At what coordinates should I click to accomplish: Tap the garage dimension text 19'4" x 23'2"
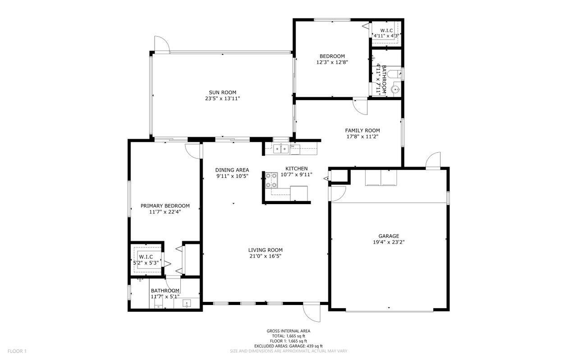(x=389, y=242)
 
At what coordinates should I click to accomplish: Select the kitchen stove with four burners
(x=271, y=180)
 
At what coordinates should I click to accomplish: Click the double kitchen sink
(x=280, y=148)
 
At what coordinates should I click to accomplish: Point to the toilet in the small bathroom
(x=393, y=73)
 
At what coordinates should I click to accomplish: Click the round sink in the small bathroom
(x=396, y=90)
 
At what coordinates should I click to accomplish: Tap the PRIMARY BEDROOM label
(x=165, y=205)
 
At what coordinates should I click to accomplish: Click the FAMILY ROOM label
(x=362, y=130)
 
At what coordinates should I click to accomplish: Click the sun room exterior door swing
(x=161, y=44)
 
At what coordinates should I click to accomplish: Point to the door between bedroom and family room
(x=360, y=106)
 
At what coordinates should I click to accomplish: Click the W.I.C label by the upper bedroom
(x=386, y=30)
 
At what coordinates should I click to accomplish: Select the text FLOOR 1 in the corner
(x=17, y=351)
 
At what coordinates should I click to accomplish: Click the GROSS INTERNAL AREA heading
(x=288, y=331)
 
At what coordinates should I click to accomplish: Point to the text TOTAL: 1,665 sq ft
(x=288, y=336)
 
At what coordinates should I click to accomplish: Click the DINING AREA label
(x=232, y=170)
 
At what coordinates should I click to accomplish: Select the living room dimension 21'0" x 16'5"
(x=265, y=256)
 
